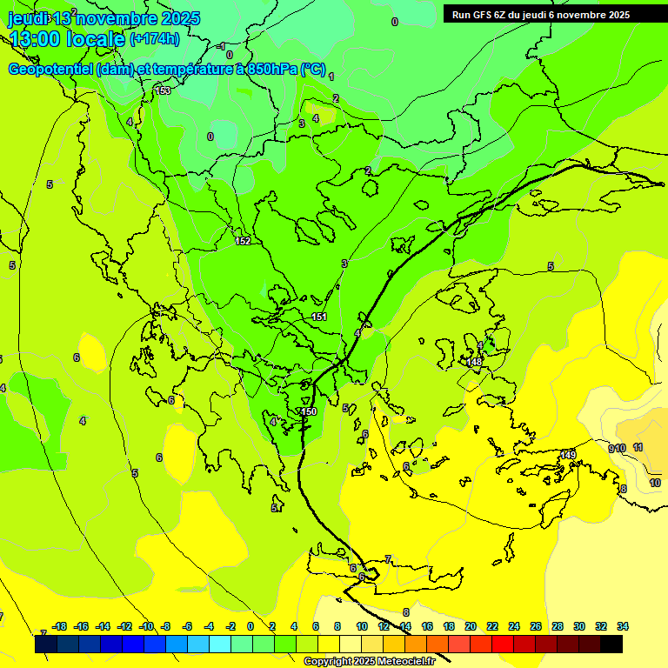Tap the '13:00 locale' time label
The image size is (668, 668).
pyautogui.click(x=66, y=38)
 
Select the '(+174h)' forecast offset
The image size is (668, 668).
pyautogui.click(x=155, y=38)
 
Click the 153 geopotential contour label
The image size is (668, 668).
pyautogui.click(x=163, y=90)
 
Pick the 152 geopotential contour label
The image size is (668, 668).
pyautogui.click(x=243, y=241)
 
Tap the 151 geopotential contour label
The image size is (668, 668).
pyautogui.click(x=319, y=317)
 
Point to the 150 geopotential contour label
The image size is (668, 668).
pyautogui.click(x=309, y=411)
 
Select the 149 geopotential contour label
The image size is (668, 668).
pyautogui.click(x=568, y=455)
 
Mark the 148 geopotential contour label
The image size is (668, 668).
pyautogui.click(x=474, y=362)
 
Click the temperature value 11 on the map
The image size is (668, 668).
pyautogui.click(x=638, y=447)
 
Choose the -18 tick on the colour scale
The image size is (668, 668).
pyautogui.click(x=60, y=626)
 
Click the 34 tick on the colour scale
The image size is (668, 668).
pyautogui.click(x=623, y=626)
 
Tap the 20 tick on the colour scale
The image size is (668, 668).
pyautogui.click(x=471, y=626)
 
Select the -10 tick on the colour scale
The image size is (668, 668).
pyautogui.click(x=146, y=626)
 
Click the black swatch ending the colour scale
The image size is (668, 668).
pyautogui.click(x=611, y=644)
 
